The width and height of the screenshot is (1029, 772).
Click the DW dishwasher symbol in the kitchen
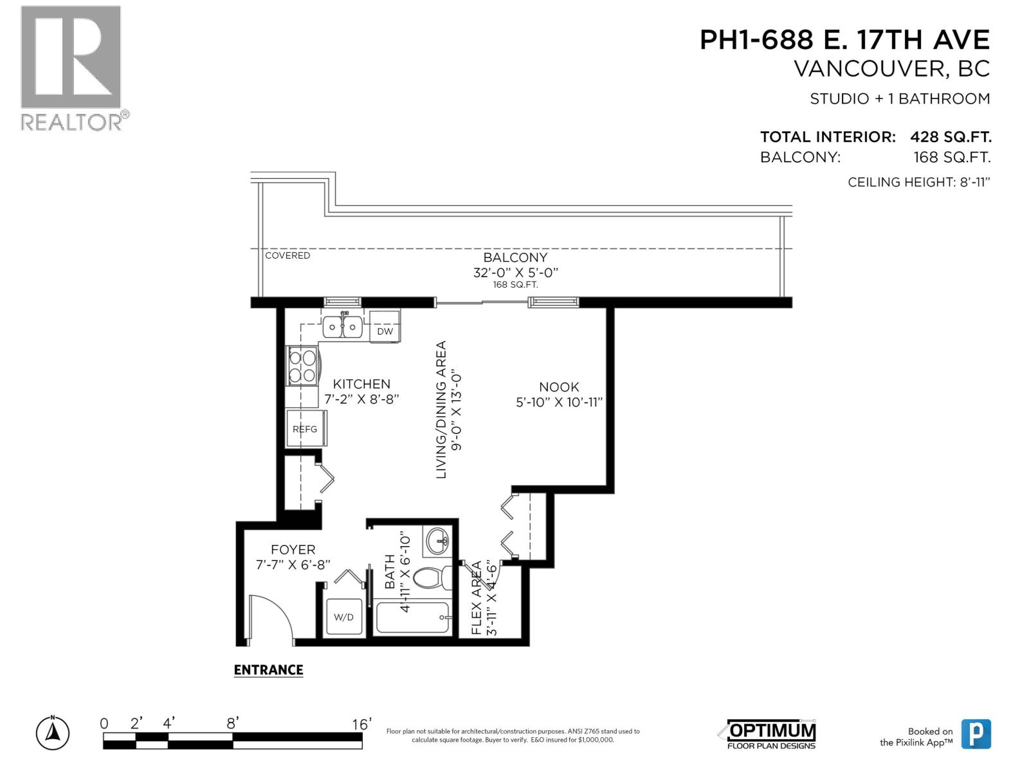point(385,331)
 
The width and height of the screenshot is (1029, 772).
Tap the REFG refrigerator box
point(305,428)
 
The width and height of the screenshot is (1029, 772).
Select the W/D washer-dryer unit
point(343,617)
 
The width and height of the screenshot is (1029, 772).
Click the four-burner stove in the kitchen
point(302,366)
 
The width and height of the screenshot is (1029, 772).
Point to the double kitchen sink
point(342,327)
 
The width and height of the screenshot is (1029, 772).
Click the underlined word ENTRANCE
point(268,670)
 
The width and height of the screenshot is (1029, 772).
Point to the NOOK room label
point(559,387)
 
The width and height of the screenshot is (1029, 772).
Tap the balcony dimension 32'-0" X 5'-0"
point(515,272)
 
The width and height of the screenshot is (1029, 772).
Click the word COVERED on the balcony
point(287,255)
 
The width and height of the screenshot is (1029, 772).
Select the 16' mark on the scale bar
point(361,724)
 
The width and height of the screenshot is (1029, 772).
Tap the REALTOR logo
point(71,68)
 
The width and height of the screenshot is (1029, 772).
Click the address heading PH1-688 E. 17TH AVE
point(844,40)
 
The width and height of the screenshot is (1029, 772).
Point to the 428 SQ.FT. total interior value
point(950,136)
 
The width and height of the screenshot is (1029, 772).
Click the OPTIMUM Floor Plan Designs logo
point(771,734)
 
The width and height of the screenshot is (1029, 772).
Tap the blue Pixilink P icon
point(976,734)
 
